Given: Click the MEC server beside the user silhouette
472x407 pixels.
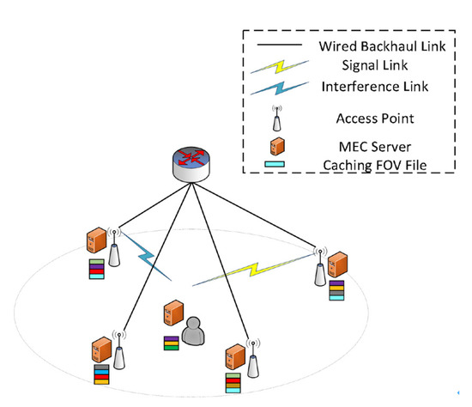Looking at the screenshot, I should point(175,314).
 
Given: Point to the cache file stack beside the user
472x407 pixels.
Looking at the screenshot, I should point(172,343).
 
